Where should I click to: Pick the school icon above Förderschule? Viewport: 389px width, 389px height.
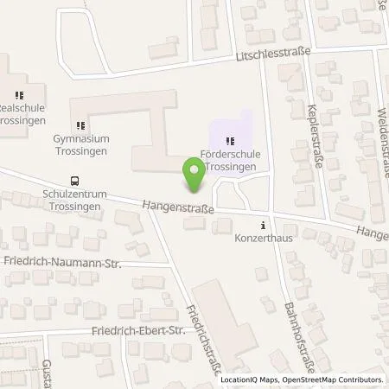click(x=229, y=141)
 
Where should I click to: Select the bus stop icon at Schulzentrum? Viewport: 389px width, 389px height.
click(x=75, y=182)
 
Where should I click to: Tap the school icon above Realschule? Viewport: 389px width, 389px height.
click(x=19, y=96)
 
